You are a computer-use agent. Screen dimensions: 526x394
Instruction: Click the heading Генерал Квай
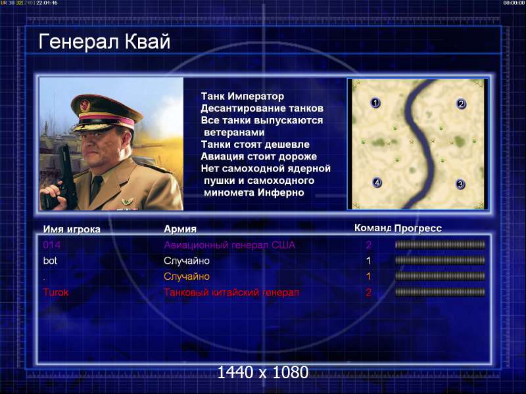click(105, 41)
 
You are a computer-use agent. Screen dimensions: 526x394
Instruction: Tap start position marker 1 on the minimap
click(375, 103)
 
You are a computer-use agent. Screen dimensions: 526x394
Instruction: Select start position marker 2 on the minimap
click(462, 104)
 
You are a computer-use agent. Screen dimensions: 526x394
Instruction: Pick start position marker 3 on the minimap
click(460, 184)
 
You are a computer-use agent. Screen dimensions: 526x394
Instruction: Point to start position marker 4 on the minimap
click(377, 183)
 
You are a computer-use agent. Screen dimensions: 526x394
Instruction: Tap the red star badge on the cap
click(85, 106)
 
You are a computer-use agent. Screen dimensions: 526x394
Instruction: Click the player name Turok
click(56, 292)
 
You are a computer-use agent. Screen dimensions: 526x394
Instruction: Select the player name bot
click(50, 261)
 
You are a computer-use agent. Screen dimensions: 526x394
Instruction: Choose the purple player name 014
click(52, 245)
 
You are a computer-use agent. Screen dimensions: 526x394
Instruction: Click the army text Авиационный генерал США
click(229, 245)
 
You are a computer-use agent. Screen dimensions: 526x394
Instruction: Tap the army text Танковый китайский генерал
click(231, 292)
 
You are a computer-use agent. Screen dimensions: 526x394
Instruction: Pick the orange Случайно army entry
click(187, 276)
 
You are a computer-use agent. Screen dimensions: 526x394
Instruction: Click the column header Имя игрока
click(72, 229)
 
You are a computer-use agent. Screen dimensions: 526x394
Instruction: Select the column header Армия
click(180, 229)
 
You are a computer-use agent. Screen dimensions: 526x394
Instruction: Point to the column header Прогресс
click(418, 228)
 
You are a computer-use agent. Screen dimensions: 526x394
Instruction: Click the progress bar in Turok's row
click(440, 292)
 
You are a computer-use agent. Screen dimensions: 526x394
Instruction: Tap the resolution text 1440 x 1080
click(262, 372)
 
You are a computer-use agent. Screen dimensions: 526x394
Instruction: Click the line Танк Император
click(243, 97)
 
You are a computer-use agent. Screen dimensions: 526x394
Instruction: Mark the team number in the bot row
click(368, 261)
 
